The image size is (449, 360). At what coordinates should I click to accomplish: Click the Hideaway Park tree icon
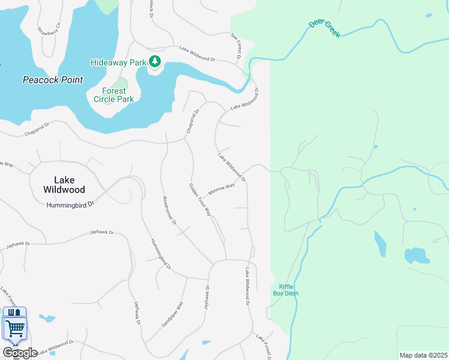click(x=155, y=61)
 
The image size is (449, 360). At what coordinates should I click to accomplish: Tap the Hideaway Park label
click(x=118, y=62)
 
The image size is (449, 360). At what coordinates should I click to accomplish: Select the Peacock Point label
click(x=53, y=80)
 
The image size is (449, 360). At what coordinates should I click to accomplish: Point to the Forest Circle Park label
click(x=110, y=95)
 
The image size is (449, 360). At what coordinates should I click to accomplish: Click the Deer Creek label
click(x=325, y=28)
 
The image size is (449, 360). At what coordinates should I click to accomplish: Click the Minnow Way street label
click(x=221, y=189)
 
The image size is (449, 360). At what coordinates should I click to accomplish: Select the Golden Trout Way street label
click(x=200, y=200)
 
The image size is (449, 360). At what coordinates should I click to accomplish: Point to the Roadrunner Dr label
click(x=169, y=210)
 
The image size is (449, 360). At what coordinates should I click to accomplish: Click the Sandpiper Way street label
click(x=172, y=314)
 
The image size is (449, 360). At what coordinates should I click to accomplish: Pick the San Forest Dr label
click(x=236, y=45)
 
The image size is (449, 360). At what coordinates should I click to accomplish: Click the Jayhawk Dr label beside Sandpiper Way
click(x=207, y=297)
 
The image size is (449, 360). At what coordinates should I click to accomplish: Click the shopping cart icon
click(x=16, y=328)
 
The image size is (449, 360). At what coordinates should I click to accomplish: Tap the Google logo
click(x=19, y=353)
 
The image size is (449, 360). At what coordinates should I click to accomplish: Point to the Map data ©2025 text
click(x=423, y=355)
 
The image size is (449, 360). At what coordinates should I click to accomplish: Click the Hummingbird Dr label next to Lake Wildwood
click(x=71, y=204)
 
